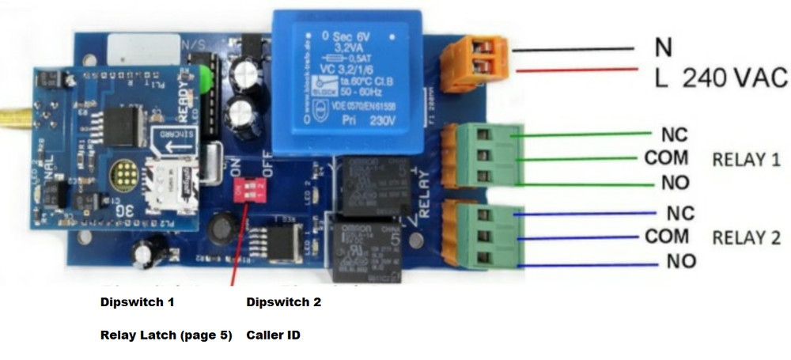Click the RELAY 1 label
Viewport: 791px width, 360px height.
coord(746,160)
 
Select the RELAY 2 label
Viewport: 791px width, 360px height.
coord(746,237)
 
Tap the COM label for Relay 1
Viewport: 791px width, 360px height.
coord(666,158)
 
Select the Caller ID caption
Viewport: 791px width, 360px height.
coord(274,335)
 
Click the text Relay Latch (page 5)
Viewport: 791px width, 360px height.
coord(166,335)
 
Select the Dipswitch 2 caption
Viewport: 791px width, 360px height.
coord(283,302)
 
